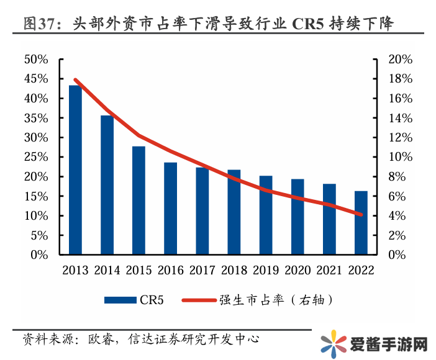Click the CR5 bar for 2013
75,170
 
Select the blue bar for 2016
170,209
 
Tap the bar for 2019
266,215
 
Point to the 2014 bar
107,185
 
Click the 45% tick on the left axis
35,79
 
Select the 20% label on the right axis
400,60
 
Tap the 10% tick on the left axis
35,216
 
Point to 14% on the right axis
400,118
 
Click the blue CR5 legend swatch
120,300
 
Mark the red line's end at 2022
361,215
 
